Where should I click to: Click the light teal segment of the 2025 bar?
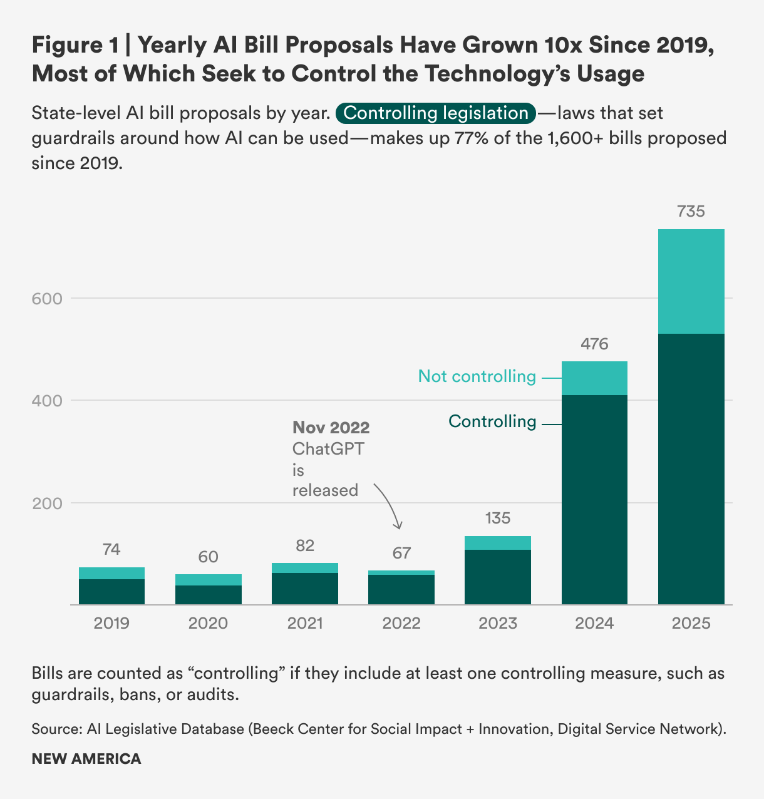tap(691, 281)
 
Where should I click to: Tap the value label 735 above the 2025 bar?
tap(691, 212)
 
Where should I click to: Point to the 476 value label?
tap(594, 344)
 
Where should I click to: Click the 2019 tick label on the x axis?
tap(111, 624)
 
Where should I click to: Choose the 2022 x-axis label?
tap(401, 624)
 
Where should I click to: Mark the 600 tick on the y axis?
tap(47, 299)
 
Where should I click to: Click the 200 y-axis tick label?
tap(47, 503)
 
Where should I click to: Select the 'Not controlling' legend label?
tap(477, 376)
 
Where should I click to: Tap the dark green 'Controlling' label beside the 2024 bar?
tap(492, 421)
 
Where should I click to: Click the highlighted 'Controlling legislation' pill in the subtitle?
tap(436, 113)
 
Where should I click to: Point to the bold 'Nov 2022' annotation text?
tap(331, 428)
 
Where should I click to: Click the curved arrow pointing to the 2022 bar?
tap(390, 505)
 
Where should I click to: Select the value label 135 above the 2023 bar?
tap(498, 518)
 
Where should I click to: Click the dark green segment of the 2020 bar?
tap(208, 595)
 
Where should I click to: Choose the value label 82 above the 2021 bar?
tap(305, 546)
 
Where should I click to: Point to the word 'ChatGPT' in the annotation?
tap(328, 448)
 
